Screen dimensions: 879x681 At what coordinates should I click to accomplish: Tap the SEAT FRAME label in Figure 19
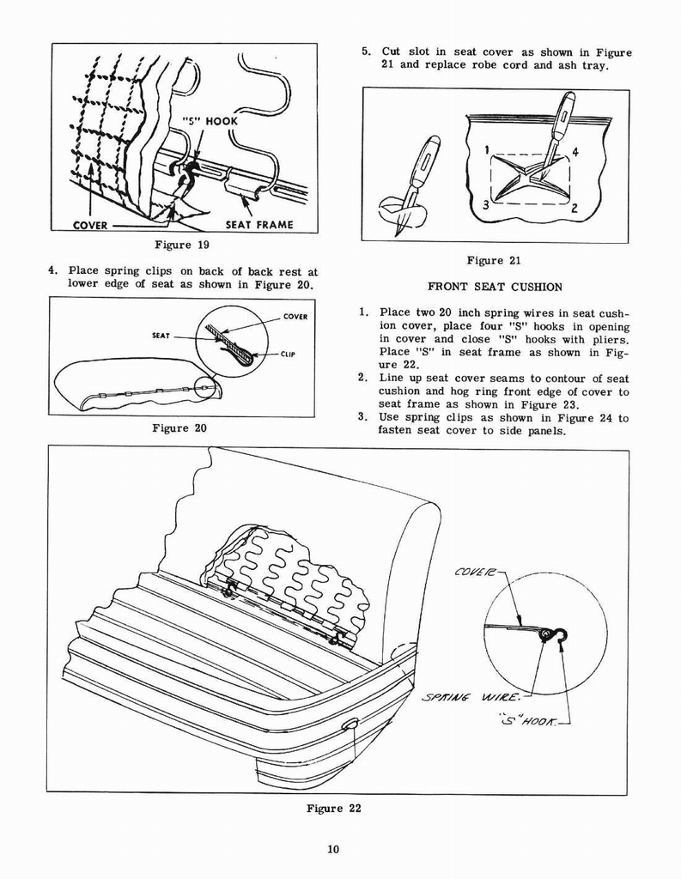click(258, 225)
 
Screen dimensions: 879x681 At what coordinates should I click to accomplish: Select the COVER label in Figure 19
click(89, 225)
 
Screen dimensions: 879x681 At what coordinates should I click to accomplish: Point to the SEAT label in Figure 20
click(161, 336)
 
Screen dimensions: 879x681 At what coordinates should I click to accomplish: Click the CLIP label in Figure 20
click(288, 355)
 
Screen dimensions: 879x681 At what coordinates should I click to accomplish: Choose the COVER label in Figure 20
click(295, 317)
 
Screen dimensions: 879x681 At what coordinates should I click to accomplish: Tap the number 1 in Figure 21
click(487, 150)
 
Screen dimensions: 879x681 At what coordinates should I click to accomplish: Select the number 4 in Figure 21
click(575, 153)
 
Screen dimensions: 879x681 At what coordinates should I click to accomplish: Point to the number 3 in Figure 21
click(486, 204)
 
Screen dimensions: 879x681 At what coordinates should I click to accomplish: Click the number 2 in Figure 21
click(574, 207)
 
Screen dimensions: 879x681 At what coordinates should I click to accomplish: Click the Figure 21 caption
click(494, 261)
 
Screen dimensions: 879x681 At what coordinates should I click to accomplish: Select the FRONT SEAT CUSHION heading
click(494, 287)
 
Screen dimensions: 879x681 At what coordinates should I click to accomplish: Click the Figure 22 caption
click(333, 809)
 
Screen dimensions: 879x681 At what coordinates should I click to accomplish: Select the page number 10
click(333, 850)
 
